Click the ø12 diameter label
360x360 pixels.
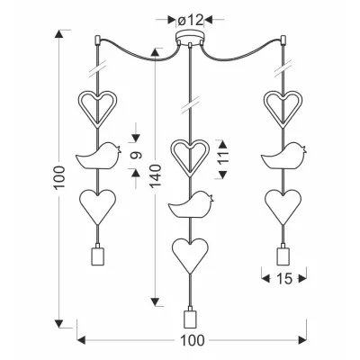[191, 20]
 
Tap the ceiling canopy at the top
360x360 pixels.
[190, 38]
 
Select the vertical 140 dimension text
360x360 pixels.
[156, 176]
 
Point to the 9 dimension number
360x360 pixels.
[136, 155]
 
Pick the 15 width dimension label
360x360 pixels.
[284, 279]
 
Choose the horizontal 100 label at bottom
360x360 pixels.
[193, 341]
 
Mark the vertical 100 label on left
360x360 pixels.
[59, 176]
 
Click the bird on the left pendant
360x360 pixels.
[99, 156]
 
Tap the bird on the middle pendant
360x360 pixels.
[191, 205]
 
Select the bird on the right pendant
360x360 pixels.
[283, 156]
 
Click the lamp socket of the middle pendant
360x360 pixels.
[190, 319]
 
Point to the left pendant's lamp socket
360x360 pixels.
[97, 254]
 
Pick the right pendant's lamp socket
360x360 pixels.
[283, 254]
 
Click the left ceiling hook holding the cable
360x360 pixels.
[97, 40]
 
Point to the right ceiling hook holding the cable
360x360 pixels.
[283, 40]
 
